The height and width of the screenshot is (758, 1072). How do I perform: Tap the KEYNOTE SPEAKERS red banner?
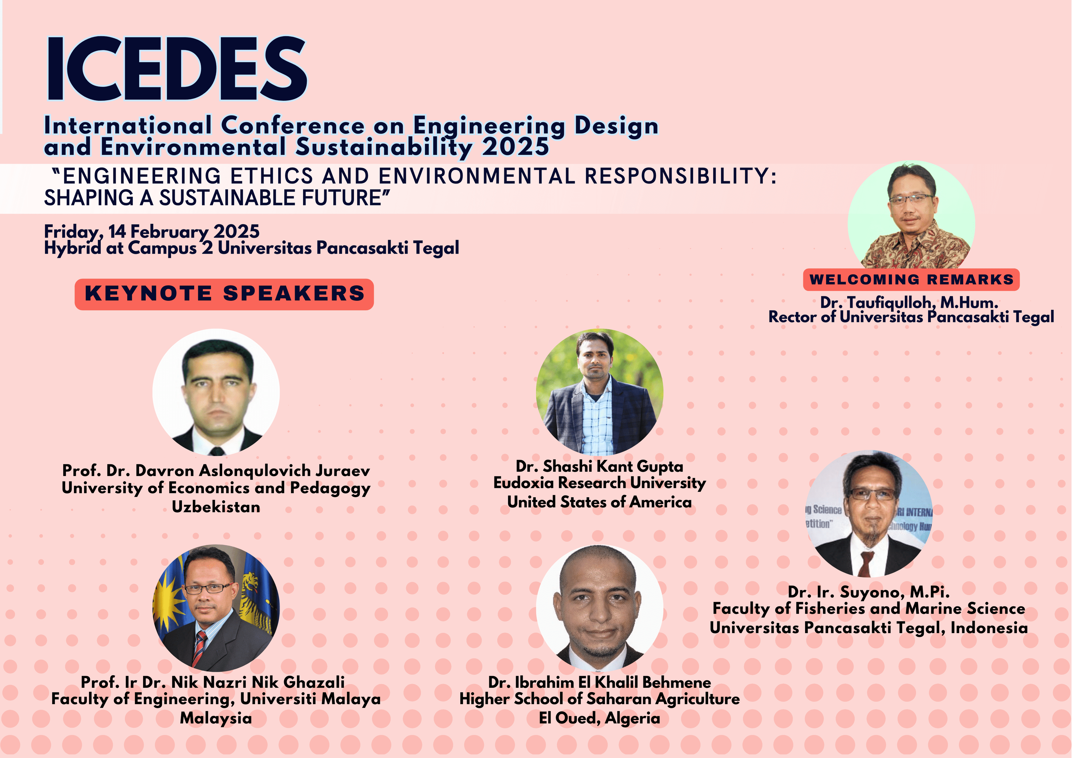coord(224,294)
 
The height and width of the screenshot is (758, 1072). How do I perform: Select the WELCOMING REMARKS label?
coord(911,279)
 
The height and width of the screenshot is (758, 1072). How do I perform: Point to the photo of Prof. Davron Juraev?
coord(216,392)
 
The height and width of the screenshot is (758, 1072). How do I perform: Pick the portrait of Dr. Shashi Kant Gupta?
coord(600,392)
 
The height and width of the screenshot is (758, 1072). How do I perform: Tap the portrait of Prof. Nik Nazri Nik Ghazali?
coord(216,608)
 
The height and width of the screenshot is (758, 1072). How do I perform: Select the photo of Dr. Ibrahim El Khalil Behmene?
coord(600,608)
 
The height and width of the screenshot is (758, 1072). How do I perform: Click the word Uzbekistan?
coord(216,507)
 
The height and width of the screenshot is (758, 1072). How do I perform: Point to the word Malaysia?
coord(216,718)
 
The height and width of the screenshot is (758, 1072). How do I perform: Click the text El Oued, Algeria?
coord(600,718)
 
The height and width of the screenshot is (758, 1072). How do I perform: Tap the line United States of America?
coord(600,502)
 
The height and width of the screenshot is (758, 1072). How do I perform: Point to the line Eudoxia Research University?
coord(600,483)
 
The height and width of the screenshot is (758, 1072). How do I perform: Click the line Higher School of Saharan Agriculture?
coord(600,699)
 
